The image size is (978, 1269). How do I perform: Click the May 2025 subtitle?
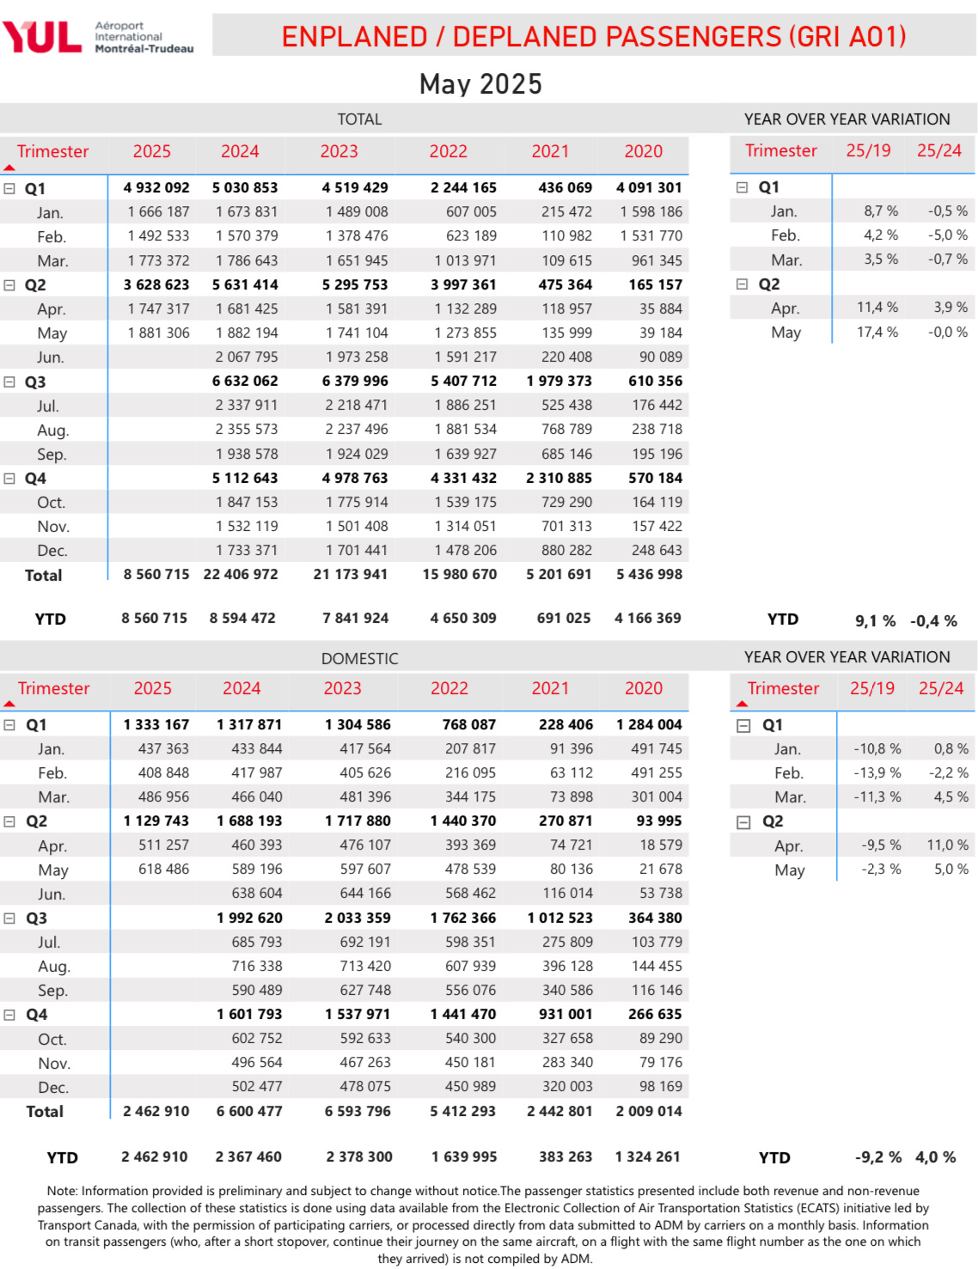(480, 84)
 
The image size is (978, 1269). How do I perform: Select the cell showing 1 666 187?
(158, 212)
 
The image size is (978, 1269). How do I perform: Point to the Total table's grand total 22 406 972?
(241, 574)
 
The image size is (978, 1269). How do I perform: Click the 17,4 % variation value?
(877, 332)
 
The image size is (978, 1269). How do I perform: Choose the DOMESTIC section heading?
(359, 659)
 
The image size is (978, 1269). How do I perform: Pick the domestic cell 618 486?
(163, 869)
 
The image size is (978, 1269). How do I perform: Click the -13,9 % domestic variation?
(877, 772)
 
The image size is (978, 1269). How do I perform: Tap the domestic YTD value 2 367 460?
(248, 1156)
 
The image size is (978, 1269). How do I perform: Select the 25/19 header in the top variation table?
(868, 151)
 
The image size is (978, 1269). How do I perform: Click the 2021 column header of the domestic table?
(550, 688)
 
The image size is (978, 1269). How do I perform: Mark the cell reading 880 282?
(566, 550)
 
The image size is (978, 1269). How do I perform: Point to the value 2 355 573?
(247, 429)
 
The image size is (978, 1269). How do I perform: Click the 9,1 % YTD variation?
(875, 620)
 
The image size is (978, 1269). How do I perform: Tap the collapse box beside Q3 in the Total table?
(9, 381)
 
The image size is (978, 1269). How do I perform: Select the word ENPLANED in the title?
(354, 37)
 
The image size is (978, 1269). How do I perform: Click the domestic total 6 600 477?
(249, 1111)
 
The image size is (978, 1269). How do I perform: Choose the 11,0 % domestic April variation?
(947, 845)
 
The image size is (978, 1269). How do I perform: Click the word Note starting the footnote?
(62, 1191)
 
